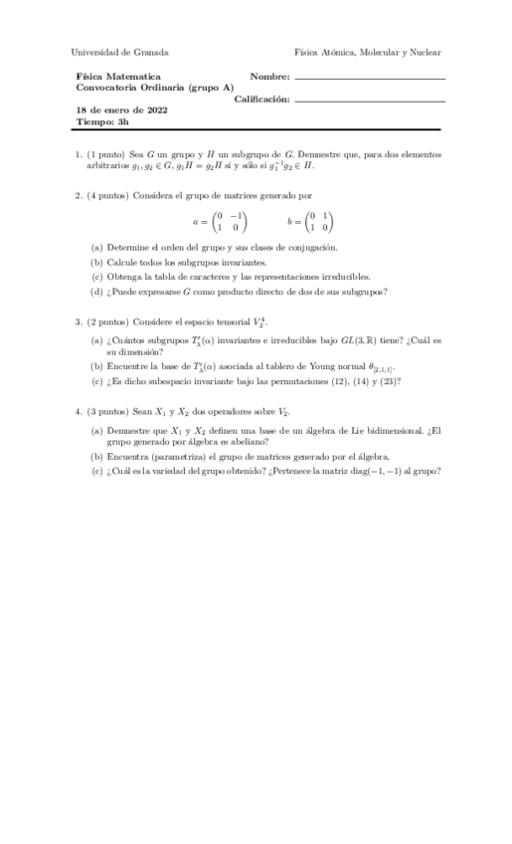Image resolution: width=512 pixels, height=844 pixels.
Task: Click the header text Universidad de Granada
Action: tap(120, 52)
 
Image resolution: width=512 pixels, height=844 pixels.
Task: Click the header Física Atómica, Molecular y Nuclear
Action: tap(367, 52)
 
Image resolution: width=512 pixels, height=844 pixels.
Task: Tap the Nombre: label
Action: tap(269, 76)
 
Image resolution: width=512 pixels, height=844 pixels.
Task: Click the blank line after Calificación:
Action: tap(370, 100)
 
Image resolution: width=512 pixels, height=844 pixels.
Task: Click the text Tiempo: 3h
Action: tap(102, 122)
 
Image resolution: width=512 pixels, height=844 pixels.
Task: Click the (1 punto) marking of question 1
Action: tap(107, 154)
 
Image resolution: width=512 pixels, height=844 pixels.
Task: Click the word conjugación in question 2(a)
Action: tap(313, 247)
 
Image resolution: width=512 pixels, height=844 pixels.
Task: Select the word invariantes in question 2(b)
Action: tap(245, 262)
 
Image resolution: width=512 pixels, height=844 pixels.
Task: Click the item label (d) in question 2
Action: tap(96, 292)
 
